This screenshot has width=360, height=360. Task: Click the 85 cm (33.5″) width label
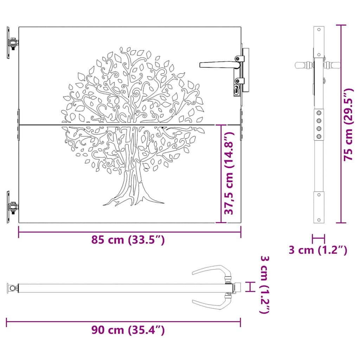(128, 240)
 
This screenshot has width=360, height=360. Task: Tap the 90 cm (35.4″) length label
(128, 330)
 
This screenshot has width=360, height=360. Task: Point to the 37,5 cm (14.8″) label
(230, 174)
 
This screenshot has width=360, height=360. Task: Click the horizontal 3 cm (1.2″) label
(318, 250)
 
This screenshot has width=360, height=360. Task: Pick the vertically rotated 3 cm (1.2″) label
(265, 285)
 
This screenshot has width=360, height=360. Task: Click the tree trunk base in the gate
(134, 197)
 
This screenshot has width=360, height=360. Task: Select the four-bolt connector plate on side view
(319, 124)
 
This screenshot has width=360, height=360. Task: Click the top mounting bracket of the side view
(319, 42)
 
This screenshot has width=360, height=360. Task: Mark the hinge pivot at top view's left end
(13, 289)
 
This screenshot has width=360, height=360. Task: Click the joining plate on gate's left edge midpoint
(18, 124)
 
